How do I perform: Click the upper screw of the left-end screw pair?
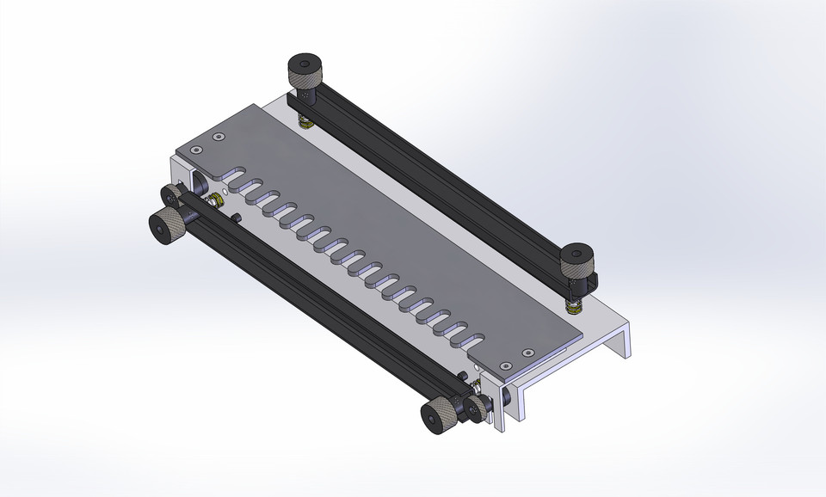coord(219,137)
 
